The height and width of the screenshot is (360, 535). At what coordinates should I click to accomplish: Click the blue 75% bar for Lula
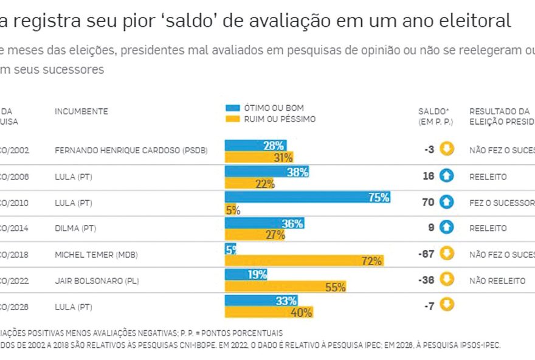coord(307,197)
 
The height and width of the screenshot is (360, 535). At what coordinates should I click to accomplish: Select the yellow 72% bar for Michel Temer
coord(303,261)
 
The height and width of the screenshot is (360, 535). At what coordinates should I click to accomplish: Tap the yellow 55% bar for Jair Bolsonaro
coord(285,286)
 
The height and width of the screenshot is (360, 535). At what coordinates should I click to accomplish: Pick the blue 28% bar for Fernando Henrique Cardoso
coord(255,145)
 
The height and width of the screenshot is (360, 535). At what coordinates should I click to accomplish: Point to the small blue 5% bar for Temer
coord(230,249)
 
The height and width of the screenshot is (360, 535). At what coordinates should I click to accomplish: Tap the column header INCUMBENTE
coord(81,111)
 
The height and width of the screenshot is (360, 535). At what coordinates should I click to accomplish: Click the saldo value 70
coord(428,202)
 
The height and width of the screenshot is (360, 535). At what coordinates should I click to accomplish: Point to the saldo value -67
coord(427,254)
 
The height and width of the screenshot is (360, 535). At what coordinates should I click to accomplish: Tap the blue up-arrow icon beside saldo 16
coord(447,176)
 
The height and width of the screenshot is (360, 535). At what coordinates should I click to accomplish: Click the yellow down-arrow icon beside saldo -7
coord(447,305)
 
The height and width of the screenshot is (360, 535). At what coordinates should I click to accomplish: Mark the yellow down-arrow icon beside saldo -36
coord(447,279)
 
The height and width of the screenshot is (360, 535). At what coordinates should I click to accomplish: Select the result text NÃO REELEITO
coord(497,281)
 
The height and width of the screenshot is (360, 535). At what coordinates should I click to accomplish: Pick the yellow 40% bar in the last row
coord(269,313)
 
